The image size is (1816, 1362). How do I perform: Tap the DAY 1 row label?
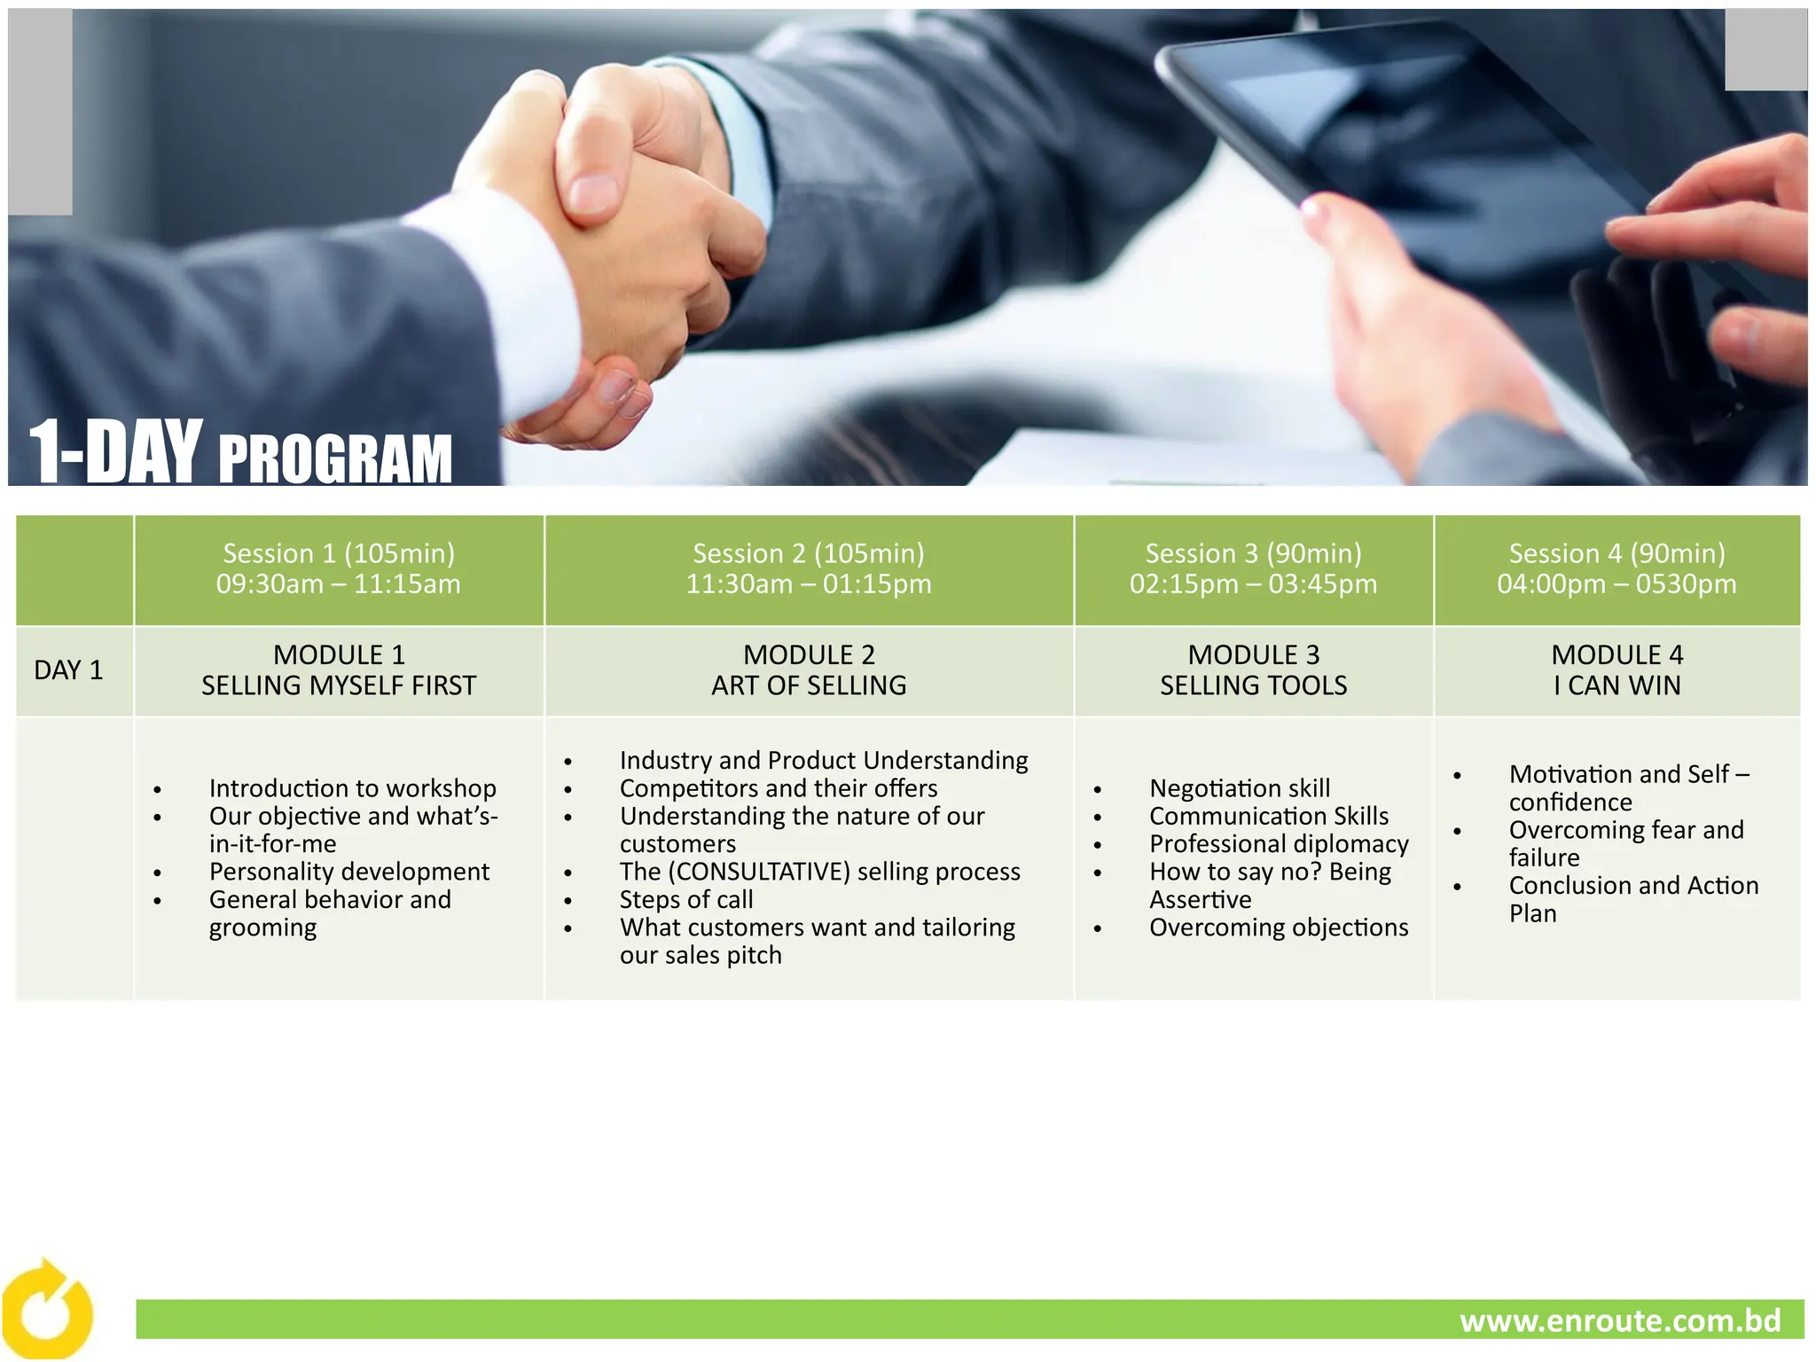tap(68, 670)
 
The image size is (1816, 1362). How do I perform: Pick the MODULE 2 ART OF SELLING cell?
tap(809, 670)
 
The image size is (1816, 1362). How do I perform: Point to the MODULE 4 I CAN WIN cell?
tap(1616, 670)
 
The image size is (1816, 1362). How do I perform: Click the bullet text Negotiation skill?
tap(1240, 788)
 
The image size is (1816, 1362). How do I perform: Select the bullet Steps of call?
tap(686, 899)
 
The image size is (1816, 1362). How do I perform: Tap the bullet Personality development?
tap(348, 872)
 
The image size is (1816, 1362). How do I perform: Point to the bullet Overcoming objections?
tap(1279, 928)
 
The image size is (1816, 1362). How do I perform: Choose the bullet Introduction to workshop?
tap(352, 788)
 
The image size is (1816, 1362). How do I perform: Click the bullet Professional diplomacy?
tap(1279, 844)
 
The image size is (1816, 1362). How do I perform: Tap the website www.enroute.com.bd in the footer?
tap(1620, 1320)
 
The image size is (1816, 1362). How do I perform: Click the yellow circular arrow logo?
tap(46, 1311)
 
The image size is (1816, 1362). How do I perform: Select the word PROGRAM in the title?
tap(335, 459)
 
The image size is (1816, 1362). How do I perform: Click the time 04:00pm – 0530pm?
tap(1616, 584)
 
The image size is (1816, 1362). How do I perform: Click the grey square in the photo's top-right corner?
tap(1765, 50)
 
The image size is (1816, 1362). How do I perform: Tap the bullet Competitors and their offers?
tap(779, 788)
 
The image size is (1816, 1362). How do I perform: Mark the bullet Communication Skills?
tap(1269, 816)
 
